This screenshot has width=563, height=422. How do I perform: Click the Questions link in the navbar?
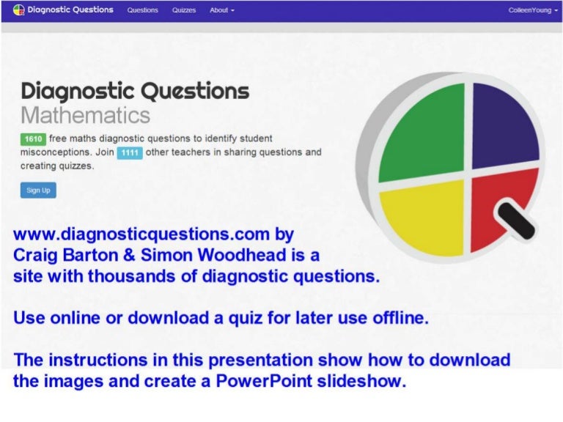(x=142, y=10)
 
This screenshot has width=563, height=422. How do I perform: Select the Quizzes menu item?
(x=184, y=10)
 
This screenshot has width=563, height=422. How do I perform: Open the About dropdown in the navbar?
(x=221, y=10)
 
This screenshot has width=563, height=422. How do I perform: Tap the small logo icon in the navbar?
(x=19, y=10)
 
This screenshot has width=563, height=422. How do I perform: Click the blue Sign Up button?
(x=38, y=190)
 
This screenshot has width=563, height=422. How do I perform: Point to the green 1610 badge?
(x=34, y=138)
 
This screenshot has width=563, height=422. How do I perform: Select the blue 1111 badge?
(x=129, y=152)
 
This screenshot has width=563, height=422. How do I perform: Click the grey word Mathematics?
(x=85, y=115)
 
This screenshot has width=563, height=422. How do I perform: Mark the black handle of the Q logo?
(x=518, y=221)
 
